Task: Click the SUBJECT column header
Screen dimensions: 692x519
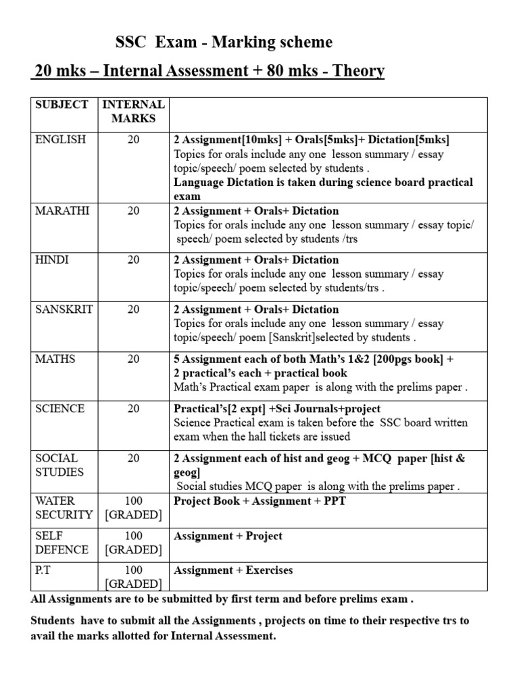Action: click(61, 105)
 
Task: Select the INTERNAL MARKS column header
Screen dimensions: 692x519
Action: click(133, 112)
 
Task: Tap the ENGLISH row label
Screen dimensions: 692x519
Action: click(61, 140)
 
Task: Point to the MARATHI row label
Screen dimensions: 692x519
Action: click(61, 211)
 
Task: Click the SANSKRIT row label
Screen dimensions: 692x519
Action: click(64, 310)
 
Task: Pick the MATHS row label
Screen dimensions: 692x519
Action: click(55, 359)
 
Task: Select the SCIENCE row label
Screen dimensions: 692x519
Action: click(60, 409)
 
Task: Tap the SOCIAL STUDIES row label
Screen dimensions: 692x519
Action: click(57, 465)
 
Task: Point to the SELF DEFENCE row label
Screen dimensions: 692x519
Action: click(61, 543)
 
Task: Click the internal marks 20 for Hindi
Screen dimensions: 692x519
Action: click(134, 259)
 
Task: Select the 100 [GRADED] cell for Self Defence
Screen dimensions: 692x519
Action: click(134, 543)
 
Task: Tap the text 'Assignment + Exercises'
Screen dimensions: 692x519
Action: click(233, 570)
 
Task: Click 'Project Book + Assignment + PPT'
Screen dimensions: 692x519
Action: click(259, 501)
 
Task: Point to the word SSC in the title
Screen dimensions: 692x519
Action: click(130, 43)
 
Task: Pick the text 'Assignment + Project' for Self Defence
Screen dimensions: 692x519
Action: click(228, 536)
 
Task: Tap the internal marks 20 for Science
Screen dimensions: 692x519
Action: click(134, 409)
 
